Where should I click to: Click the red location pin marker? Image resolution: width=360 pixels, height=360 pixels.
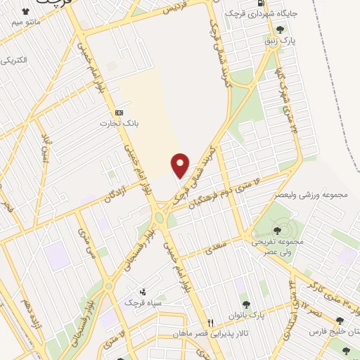(181, 165)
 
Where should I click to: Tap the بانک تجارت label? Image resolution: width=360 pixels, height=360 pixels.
(119, 124)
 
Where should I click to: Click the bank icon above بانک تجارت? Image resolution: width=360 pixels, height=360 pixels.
(119, 112)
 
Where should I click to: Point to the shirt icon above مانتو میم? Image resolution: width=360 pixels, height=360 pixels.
(27, 12)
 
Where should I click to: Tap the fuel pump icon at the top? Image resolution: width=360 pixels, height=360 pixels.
(262, 3)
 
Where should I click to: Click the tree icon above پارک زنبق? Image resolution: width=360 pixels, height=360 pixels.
(281, 30)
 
